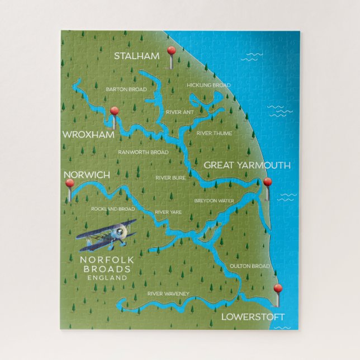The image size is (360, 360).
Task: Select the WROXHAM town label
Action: [x=88, y=135]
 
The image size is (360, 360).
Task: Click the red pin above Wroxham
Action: [x=114, y=111]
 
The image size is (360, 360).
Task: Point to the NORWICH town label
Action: [x=87, y=175]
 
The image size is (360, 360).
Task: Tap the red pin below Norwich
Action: [x=70, y=183]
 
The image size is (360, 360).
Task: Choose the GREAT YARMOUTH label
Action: [x=247, y=165]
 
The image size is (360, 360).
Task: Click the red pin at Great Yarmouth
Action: [x=268, y=182]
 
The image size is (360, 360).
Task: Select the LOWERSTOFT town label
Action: [x=253, y=316]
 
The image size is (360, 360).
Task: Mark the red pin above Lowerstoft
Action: [x=278, y=289]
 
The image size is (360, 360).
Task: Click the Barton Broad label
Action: [x=126, y=89]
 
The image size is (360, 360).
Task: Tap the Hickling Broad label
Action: [x=209, y=86]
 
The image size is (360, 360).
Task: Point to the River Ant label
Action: [x=179, y=112]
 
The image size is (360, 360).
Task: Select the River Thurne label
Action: [x=214, y=133]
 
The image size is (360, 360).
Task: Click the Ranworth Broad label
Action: [x=143, y=152]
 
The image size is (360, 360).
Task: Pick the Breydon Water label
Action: [x=214, y=200]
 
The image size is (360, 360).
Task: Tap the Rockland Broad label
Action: [x=113, y=209]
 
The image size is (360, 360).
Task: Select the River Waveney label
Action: [x=168, y=293]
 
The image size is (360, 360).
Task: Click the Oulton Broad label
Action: [x=249, y=266]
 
